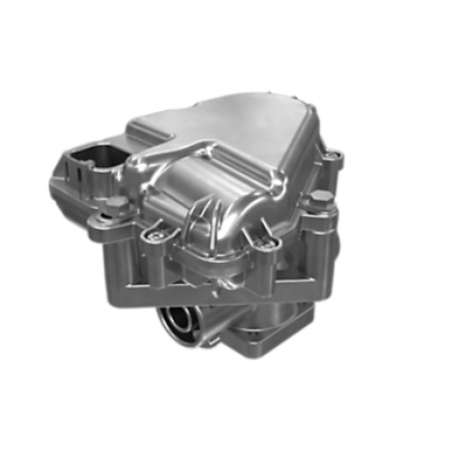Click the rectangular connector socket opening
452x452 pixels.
tap(91, 155)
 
